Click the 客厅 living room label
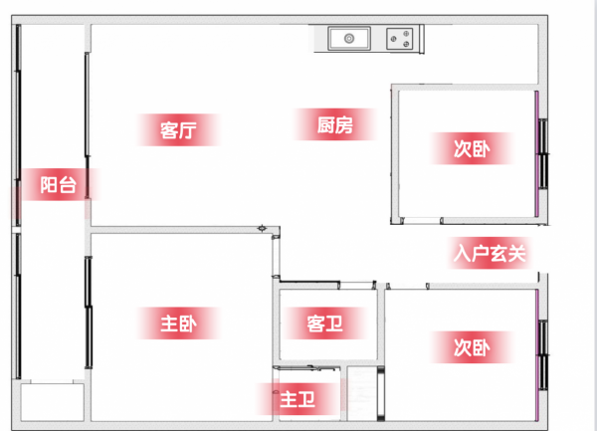178,129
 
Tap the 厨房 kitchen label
335,124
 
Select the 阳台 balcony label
59,185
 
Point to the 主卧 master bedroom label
178,323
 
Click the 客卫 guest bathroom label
324,323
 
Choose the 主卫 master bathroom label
298,399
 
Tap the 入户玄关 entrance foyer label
490,253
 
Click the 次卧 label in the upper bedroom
472,148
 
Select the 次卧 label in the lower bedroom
472,347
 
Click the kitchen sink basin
349,38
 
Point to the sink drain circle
349,38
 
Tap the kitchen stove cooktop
400,39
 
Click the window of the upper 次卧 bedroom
543,153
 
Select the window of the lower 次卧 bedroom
543,354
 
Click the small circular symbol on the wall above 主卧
262,229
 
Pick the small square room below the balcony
52,402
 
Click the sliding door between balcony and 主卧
89,313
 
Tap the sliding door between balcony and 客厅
88,125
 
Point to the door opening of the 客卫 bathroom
357,285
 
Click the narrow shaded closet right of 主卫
362,394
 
